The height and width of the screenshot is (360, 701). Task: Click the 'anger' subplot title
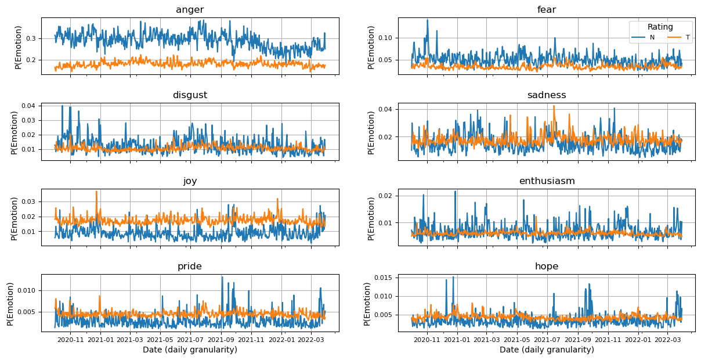190,10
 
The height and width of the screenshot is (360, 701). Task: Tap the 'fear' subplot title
547,10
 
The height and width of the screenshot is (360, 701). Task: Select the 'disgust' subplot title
190,95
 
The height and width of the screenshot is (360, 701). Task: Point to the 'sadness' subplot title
547,95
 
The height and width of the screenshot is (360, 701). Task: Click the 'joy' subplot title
190,181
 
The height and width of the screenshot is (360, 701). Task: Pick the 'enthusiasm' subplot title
547,181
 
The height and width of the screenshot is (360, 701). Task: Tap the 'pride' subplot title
190,267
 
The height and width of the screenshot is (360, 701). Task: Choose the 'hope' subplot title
547,267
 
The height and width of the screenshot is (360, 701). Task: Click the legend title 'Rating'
660,27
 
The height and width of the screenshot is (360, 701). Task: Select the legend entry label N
652,37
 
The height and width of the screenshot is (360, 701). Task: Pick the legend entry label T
688,37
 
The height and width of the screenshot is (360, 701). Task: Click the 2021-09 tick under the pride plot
221,339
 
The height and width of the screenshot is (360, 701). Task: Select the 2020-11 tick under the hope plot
427,339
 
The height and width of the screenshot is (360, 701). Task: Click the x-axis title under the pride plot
190,350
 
